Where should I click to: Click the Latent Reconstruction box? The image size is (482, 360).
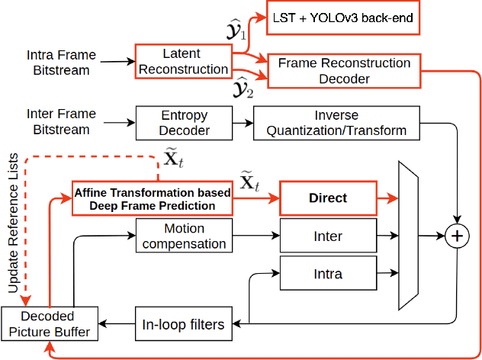coord(183,61)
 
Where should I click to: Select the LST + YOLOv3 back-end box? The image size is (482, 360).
coord(343,17)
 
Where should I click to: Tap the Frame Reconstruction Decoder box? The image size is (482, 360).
coord(344,70)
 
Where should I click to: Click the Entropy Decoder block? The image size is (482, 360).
coord(183,122)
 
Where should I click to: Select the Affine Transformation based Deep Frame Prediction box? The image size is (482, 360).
coord(152,198)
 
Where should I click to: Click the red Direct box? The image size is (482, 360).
coord(327,198)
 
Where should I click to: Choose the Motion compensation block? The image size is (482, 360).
coord(183,236)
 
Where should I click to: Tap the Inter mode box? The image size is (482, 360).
coord(327,236)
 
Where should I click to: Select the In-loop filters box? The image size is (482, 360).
coord(183,324)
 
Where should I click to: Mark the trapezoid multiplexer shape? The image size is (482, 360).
coord(410,235)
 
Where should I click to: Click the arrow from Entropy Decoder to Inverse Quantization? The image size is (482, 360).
coord(242,122)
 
